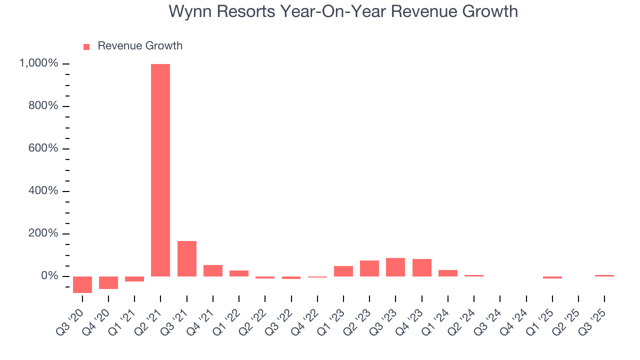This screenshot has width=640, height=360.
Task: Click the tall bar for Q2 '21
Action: [x=160, y=170]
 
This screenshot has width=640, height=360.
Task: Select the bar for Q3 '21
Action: [x=186, y=258]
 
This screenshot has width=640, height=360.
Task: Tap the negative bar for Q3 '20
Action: [x=82, y=284]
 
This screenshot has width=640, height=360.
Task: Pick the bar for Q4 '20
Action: [x=108, y=282]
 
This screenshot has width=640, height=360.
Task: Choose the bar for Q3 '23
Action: [x=395, y=267]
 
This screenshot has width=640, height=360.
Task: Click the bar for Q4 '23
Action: [x=421, y=267]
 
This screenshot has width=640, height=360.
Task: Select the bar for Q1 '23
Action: [x=343, y=271]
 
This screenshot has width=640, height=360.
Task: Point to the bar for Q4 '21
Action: [x=212, y=270]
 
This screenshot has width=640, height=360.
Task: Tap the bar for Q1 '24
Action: [x=447, y=273]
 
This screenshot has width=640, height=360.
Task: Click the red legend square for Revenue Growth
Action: [x=86, y=46]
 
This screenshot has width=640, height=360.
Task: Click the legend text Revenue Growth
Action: [x=140, y=46]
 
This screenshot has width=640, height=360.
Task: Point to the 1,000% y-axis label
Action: [x=38, y=63]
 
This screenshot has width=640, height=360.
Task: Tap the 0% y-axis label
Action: [x=49, y=276]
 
